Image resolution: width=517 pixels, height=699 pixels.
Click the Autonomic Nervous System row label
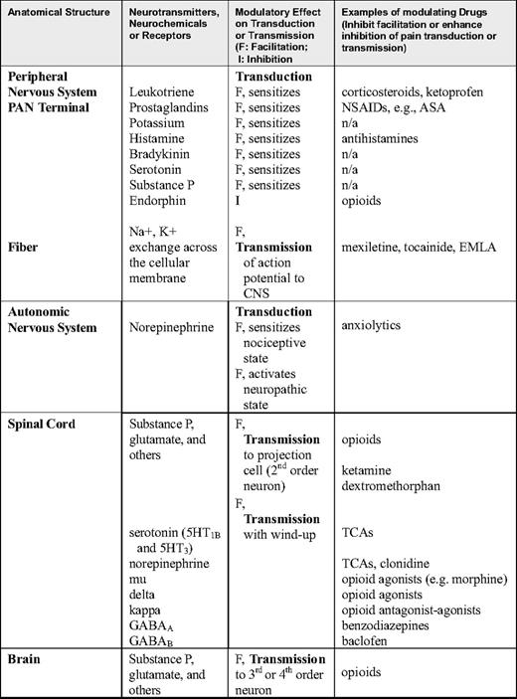click(x=61, y=331)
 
